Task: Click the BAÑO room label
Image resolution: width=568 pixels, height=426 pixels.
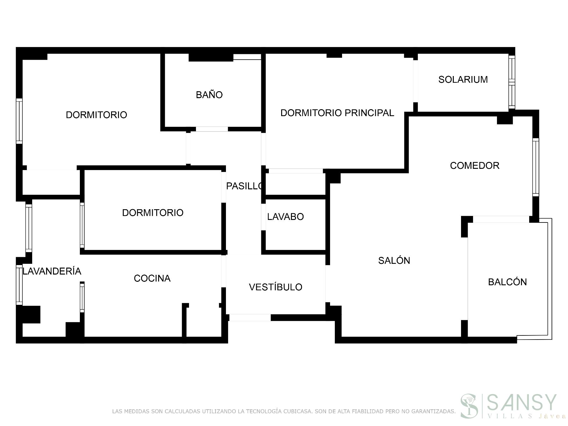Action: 209,95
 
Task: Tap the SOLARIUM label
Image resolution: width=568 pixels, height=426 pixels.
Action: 463,80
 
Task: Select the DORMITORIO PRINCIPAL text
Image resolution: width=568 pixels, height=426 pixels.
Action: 337,113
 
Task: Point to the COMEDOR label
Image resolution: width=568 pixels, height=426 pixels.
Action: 474,166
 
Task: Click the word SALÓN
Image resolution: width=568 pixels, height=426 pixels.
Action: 394,261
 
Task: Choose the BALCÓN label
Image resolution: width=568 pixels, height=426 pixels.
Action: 507,282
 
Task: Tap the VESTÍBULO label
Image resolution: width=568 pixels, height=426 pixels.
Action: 275,287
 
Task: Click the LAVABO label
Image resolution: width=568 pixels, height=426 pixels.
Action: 285,217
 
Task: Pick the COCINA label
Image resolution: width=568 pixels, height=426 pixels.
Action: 152,278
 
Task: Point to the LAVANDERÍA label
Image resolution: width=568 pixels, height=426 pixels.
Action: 52,271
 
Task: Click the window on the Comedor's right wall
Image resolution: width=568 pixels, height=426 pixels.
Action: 535,167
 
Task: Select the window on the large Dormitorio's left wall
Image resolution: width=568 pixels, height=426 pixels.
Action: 19,121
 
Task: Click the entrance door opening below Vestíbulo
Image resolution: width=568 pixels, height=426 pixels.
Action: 250,317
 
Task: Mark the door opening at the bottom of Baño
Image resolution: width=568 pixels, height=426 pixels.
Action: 212,129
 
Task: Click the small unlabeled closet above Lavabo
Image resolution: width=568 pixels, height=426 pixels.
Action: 295,184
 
